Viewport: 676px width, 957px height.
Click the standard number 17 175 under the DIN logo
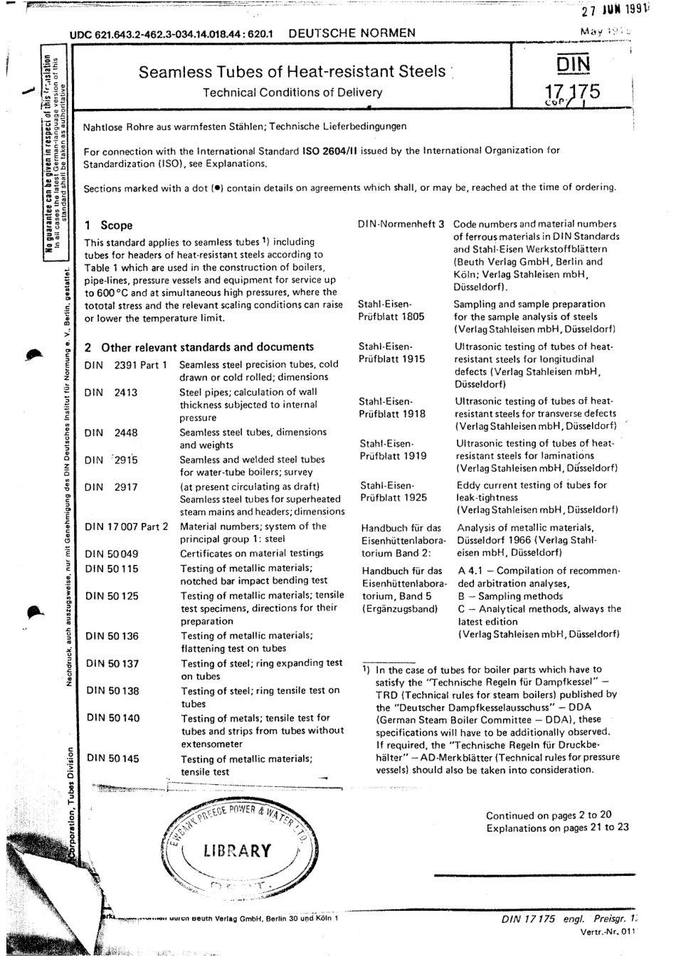tap(572, 91)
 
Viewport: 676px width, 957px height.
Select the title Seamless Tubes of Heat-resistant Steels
tap(292, 72)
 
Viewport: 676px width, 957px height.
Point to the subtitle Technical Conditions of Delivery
tap(292, 92)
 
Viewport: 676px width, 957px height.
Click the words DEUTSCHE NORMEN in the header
tap(352, 33)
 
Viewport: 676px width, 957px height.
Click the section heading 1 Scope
tap(108, 226)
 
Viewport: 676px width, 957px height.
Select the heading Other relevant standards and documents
tap(207, 347)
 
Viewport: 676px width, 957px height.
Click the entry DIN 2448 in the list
tap(111, 433)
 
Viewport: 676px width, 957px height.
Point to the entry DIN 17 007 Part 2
tap(127, 527)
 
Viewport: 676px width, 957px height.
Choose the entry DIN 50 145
tap(112, 758)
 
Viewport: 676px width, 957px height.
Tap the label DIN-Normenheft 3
tap(401, 224)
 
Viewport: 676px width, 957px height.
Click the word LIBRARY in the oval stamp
tap(237, 851)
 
